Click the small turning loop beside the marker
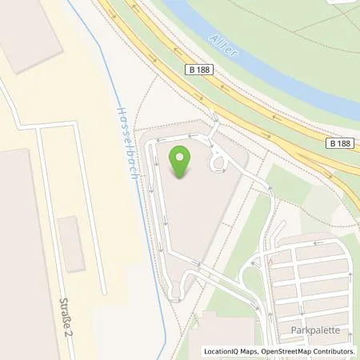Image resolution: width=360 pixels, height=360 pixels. [x=217, y=163]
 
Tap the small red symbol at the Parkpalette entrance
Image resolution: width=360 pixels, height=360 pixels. [x=270, y=261]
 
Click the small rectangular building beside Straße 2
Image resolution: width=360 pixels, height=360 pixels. [x=71, y=243]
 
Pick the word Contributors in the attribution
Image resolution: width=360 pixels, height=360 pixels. [x=334, y=351]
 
